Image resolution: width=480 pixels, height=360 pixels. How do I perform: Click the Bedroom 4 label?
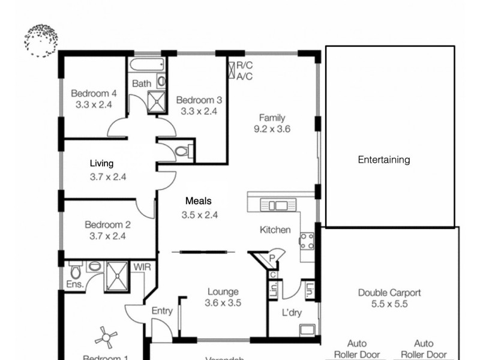point(94,93)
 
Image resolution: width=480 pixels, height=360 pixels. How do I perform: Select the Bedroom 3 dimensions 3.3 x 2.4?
point(196,111)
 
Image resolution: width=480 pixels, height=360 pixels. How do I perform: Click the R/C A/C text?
point(244,71)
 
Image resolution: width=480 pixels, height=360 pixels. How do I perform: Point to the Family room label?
point(272,118)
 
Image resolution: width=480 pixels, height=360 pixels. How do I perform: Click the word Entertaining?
point(383,160)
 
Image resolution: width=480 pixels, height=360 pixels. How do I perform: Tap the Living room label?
point(101,163)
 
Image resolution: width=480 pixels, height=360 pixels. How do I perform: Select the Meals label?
point(198,202)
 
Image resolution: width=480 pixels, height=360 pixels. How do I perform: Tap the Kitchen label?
point(275,230)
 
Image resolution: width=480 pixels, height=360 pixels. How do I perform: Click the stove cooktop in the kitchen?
point(307,240)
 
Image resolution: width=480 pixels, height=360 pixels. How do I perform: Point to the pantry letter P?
point(272,258)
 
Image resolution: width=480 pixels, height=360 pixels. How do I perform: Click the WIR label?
point(142,266)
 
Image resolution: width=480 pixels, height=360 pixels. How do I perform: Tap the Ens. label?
point(76,285)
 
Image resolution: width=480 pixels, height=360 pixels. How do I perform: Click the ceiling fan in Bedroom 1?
point(106,337)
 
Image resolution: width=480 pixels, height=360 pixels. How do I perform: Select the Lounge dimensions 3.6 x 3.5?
point(223,303)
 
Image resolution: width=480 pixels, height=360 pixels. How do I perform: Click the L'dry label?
point(292,313)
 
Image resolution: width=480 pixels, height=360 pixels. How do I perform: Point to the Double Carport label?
point(389,293)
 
